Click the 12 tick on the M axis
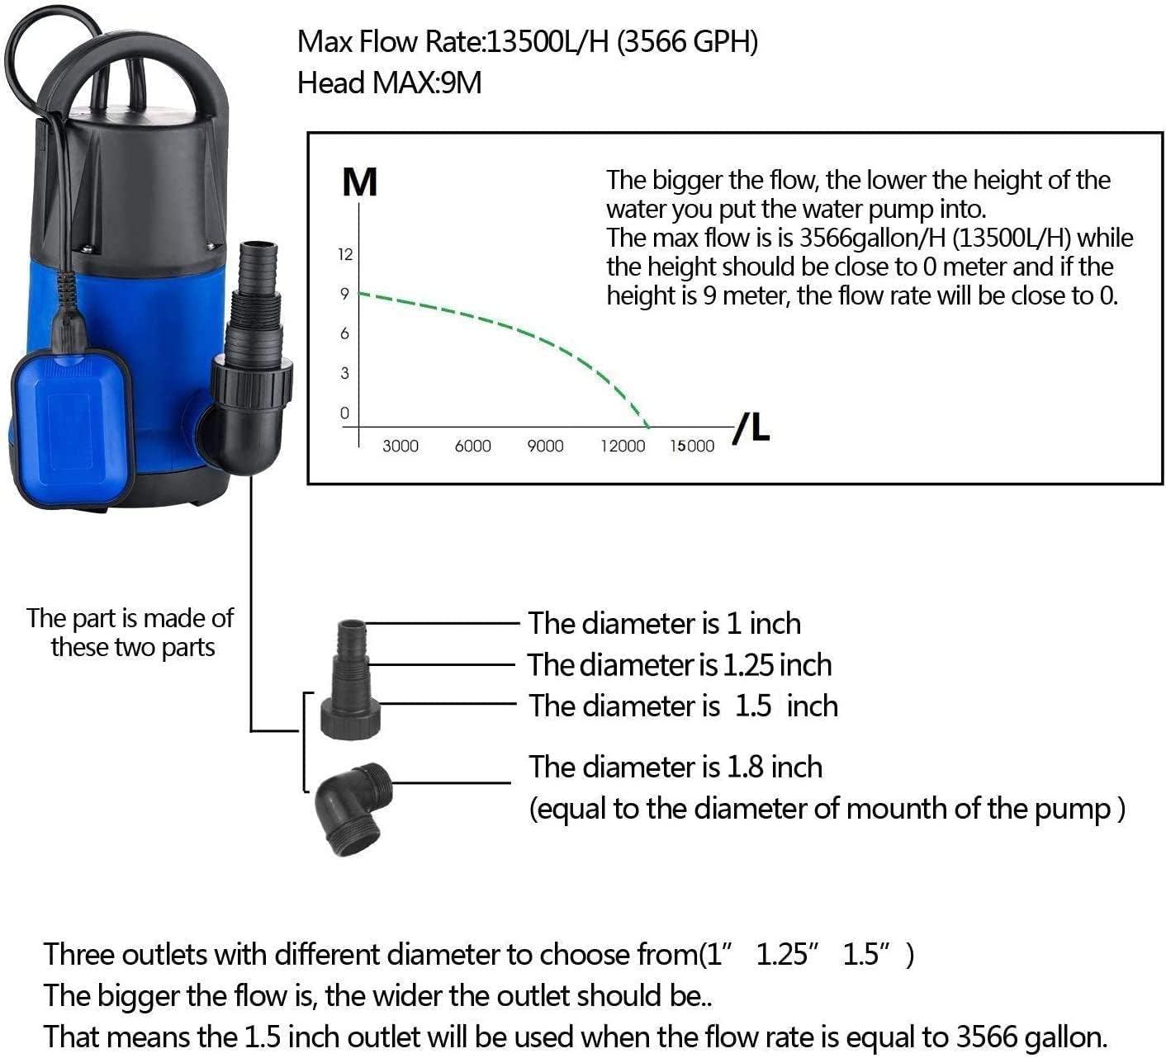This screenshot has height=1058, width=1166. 345,254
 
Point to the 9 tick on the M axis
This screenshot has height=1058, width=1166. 345,294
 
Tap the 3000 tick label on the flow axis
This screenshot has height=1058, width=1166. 401,446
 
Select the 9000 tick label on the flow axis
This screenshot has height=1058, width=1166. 545,446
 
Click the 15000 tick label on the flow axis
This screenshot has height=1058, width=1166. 692,446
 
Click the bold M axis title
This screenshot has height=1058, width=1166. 359,182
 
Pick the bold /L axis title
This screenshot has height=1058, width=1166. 752,427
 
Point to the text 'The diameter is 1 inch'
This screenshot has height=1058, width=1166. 665,624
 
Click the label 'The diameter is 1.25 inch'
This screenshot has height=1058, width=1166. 680,665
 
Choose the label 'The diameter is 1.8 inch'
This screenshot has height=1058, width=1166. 675,768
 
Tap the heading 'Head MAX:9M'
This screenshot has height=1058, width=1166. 389,83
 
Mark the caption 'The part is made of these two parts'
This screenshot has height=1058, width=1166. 130,632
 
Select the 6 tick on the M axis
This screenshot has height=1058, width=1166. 345,333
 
